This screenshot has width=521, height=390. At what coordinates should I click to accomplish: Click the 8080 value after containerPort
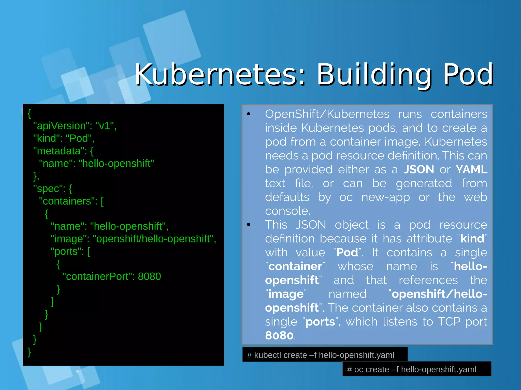coord(149,276)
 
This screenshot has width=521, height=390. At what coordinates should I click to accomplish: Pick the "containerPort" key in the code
coord(98,276)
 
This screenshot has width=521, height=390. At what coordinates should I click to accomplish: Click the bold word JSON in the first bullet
coord(419,169)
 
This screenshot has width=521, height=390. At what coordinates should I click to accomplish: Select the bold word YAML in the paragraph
coord(471,169)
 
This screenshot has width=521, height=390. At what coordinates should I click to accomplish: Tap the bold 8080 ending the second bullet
coord(279,335)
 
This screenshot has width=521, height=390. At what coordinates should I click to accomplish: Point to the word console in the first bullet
coord(287,211)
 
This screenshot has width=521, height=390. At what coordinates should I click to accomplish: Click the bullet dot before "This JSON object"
coord(249,225)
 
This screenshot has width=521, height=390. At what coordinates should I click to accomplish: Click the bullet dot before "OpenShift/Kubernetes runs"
coord(249,114)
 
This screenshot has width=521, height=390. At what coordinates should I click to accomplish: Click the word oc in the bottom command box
coord(358,369)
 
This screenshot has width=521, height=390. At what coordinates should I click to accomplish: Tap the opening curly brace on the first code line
coord(29,113)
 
